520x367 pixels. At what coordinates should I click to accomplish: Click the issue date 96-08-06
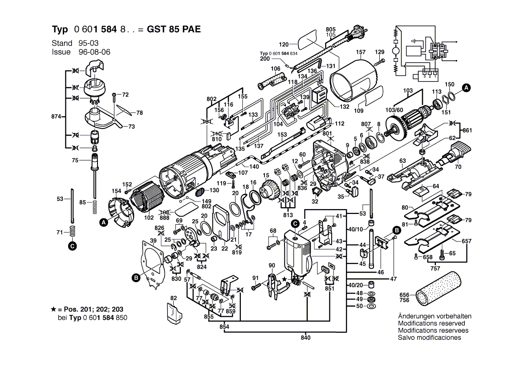click(95, 52)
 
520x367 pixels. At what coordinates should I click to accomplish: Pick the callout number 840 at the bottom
click(305, 338)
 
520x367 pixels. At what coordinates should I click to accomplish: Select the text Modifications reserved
click(431, 323)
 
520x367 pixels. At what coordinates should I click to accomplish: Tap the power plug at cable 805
click(357, 35)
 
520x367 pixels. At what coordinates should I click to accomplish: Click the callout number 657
click(466, 241)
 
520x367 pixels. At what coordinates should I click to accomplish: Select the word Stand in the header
click(62, 43)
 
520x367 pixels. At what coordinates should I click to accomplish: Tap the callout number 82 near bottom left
click(174, 298)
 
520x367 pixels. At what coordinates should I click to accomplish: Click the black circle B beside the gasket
click(136, 278)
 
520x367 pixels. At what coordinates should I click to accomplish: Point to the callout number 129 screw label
click(379, 52)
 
